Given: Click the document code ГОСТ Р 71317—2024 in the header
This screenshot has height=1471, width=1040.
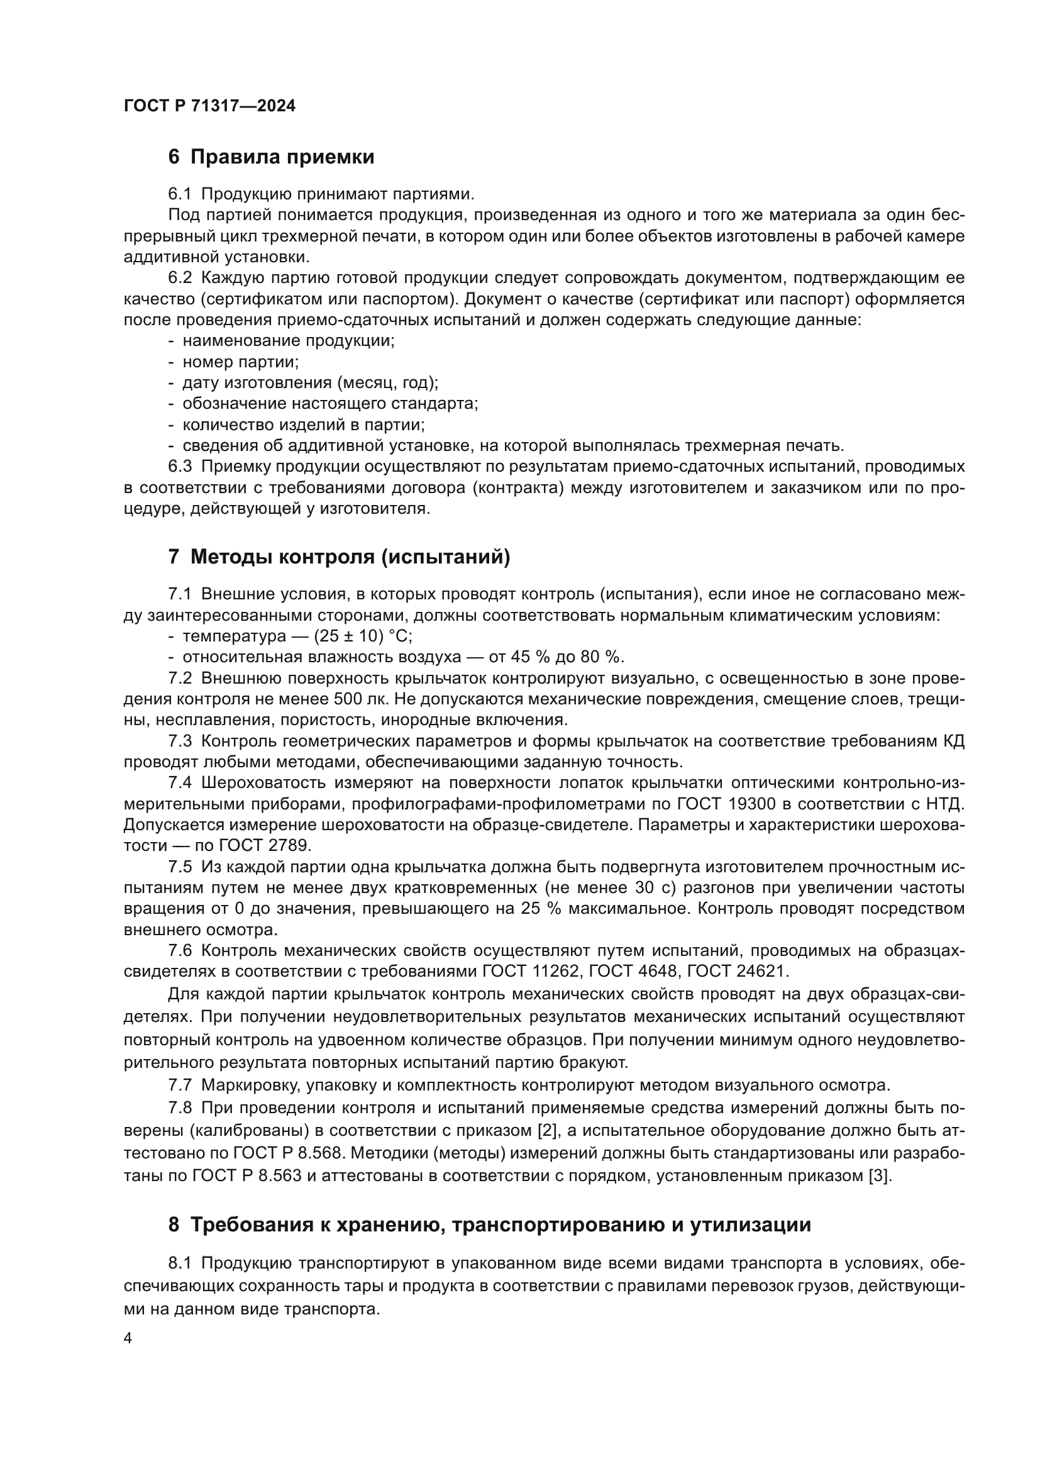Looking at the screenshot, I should click(209, 106).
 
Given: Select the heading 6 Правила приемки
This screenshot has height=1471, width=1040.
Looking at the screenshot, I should click(271, 157).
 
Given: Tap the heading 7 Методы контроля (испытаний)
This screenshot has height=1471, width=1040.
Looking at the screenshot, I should click(339, 557).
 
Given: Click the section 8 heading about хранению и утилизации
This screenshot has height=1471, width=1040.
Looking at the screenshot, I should click(489, 1224).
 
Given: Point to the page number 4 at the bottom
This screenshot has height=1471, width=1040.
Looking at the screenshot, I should click(128, 1339).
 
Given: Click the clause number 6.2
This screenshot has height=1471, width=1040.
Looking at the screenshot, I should click(180, 278).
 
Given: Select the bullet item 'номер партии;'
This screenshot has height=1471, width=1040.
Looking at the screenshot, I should click(240, 362).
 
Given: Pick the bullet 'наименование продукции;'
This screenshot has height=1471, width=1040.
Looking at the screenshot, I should click(288, 341).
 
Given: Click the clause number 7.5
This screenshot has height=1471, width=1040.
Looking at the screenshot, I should click(180, 867).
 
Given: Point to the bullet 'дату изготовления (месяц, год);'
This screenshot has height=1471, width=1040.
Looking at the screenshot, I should click(310, 383).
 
